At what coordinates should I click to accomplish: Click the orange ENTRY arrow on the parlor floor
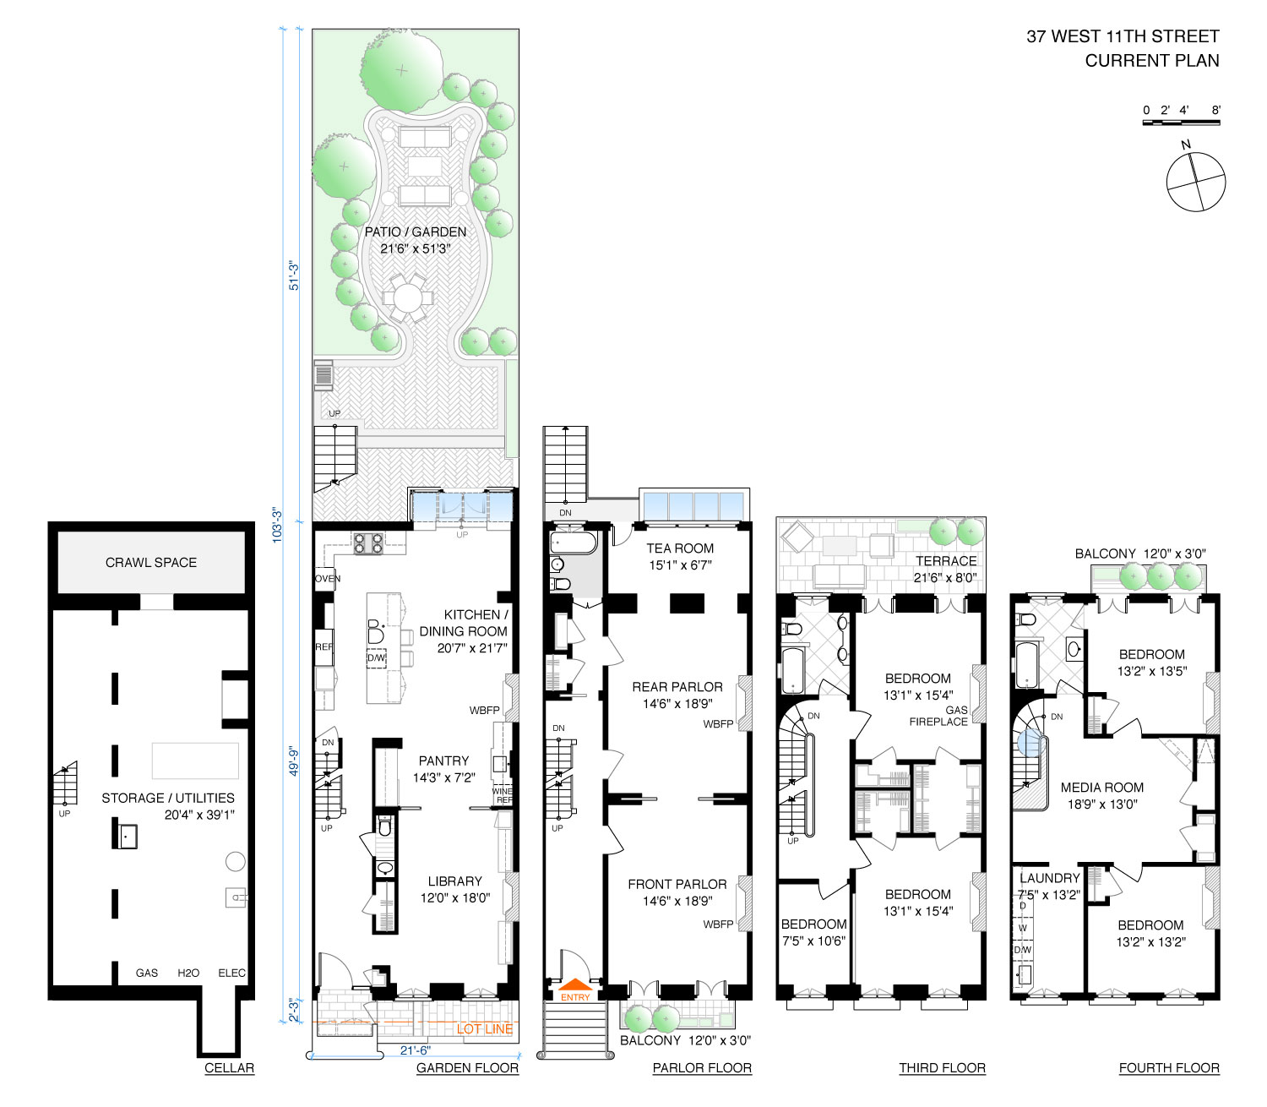point(575,984)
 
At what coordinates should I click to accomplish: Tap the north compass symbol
point(1195,181)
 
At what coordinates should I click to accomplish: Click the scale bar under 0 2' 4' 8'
point(1181,123)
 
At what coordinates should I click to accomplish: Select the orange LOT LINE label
point(485,1028)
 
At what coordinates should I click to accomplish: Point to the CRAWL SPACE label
point(151,562)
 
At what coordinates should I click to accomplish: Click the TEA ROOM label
point(680,548)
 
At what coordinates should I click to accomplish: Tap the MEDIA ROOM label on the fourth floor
point(1101,788)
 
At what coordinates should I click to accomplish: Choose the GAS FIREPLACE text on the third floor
point(939,716)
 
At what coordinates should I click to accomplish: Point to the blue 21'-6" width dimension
point(415,1050)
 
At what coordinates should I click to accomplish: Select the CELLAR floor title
point(229,1068)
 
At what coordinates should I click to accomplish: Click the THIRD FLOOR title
point(942,1068)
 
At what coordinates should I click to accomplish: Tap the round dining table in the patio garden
point(407,297)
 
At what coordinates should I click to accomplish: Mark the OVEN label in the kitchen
point(328,579)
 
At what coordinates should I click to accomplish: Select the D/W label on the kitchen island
point(376,657)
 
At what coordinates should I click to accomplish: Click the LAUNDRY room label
point(1049,878)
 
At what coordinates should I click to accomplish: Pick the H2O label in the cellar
point(188,973)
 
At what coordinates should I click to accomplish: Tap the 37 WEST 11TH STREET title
point(1123,36)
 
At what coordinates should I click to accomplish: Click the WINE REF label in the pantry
point(503,795)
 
